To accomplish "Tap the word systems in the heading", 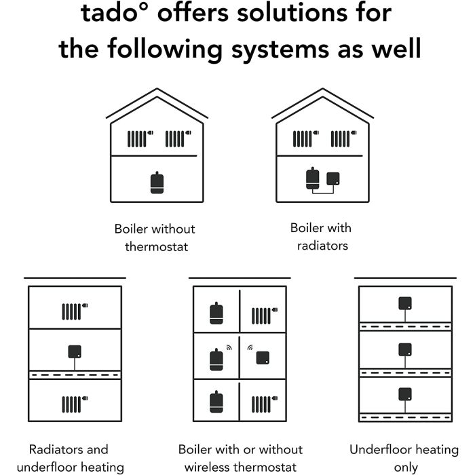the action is (280, 50).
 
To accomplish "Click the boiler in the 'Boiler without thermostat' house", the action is (157, 183).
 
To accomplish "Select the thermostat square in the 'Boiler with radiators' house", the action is (333, 178).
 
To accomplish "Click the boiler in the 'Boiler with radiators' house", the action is (313, 178).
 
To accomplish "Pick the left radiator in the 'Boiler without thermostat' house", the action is (140, 138).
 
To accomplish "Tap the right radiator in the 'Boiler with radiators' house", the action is (343, 138).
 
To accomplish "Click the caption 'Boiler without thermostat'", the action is (155, 237).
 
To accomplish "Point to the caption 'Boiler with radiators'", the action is (321, 237).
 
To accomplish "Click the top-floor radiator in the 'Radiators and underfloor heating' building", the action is (75, 311).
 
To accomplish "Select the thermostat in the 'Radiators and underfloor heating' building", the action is (75, 351).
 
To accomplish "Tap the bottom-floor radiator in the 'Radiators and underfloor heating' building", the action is (75, 404).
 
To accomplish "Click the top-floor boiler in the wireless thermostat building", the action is (216, 313).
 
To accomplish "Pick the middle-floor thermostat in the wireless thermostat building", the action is (263, 358).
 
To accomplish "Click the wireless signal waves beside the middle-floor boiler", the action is (229, 347).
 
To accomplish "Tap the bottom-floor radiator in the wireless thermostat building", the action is (265, 404).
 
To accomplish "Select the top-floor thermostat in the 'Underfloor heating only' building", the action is (405, 303).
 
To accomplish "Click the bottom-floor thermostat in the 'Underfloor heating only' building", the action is (405, 394).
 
